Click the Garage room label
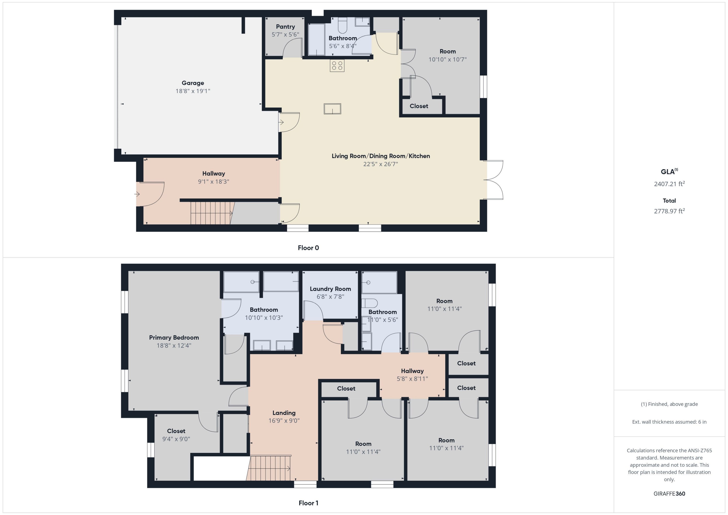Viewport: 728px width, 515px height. point(193,83)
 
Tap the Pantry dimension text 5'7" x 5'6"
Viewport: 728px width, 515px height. point(285,34)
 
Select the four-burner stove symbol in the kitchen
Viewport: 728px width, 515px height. point(337,66)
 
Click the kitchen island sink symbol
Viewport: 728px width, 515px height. point(332,109)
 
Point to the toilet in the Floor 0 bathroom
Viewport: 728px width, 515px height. point(342,25)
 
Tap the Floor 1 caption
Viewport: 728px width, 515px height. point(308,503)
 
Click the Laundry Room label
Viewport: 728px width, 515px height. point(330,289)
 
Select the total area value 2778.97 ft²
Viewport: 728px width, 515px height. point(669,211)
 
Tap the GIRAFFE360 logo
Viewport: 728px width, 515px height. point(669,494)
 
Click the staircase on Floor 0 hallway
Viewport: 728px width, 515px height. point(212,213)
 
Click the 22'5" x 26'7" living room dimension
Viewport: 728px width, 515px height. point(381,164)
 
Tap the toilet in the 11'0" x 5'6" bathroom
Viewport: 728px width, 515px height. point(370,303)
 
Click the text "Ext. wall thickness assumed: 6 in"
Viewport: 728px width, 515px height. point(669,422)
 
